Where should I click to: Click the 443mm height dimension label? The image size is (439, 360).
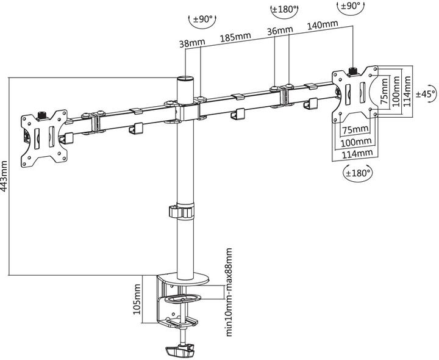(4, 176)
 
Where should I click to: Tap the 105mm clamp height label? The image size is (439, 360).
(137, 299)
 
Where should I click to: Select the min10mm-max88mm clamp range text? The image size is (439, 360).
(229, 292)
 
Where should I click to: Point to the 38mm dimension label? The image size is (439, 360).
(192, 43)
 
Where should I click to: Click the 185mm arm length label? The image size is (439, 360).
(235, 37)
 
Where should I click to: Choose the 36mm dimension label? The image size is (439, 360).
(280, 31)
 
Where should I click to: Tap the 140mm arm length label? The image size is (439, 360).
(323, 25)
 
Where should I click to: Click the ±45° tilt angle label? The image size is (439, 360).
(426, 94)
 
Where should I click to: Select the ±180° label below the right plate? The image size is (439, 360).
(358, 173)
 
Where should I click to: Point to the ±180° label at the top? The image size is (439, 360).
(284, 9)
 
